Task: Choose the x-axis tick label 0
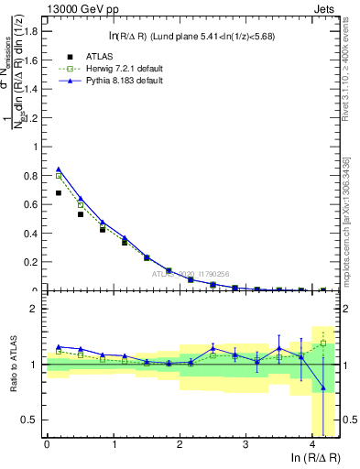point(47,443)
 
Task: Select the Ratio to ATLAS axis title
point(12,365)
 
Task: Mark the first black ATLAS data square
point(59,193)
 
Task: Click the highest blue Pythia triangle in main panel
point(59,169)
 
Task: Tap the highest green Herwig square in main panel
point(59,176)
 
